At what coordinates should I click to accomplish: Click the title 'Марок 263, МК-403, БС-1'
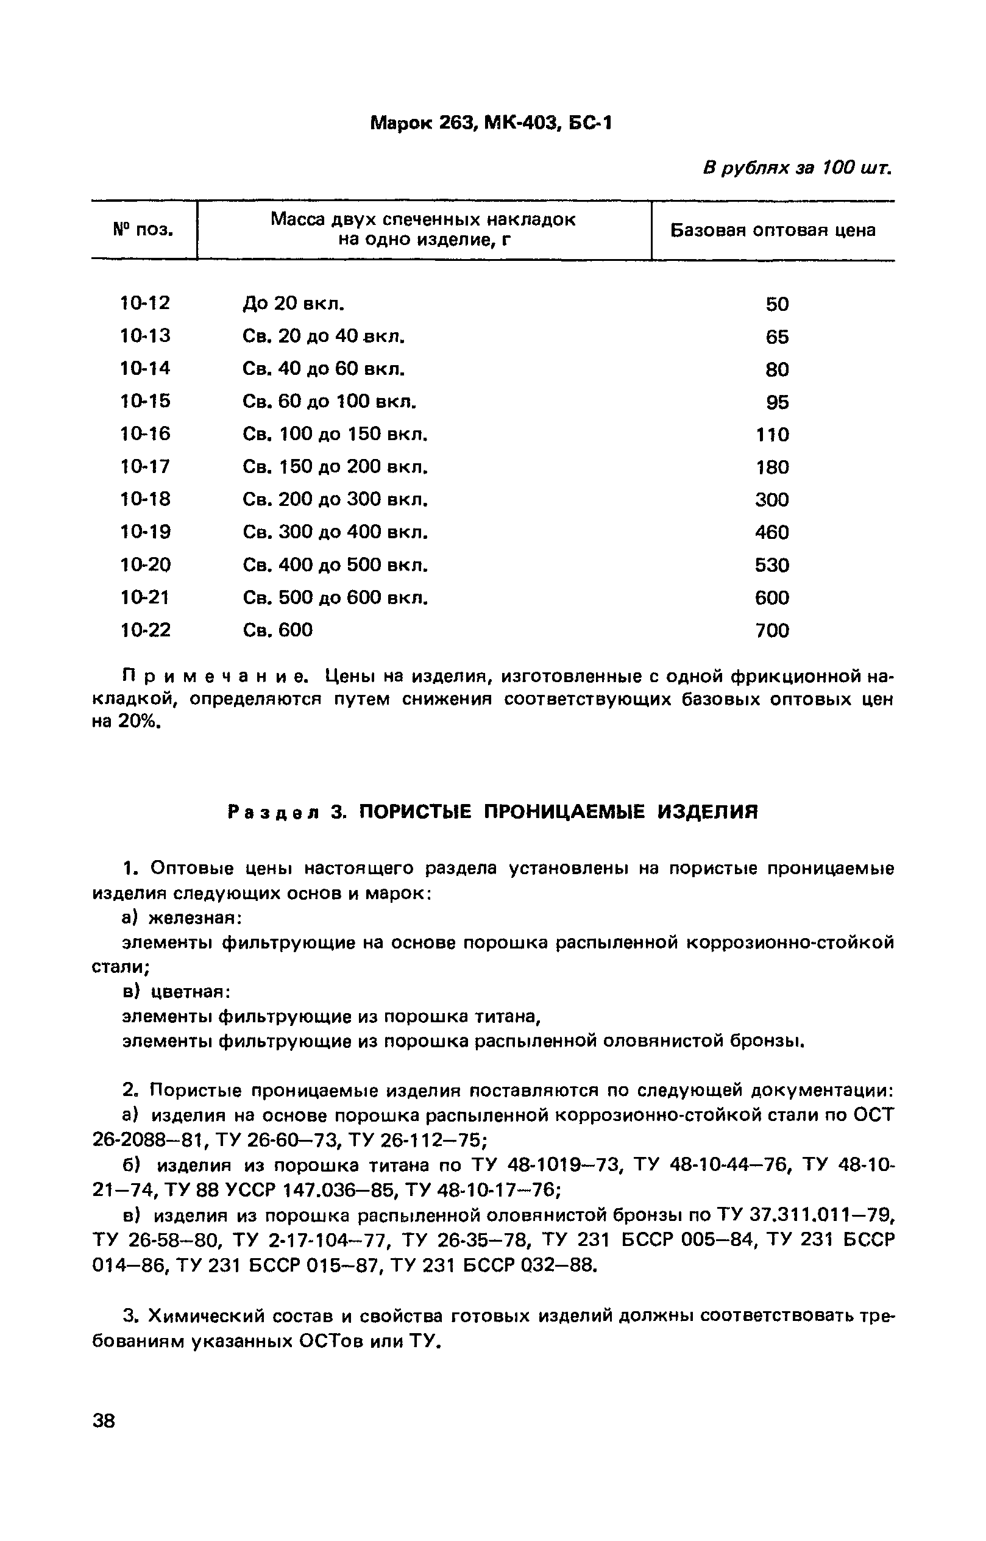coord(491,123)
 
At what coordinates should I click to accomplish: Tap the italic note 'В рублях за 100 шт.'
coord(796,168)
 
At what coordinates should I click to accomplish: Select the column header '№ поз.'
coord(143,229)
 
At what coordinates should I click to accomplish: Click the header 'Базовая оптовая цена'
coord(773,230)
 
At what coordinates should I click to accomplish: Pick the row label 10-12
coord(145,303)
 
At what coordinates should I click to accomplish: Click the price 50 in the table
coord(776,304)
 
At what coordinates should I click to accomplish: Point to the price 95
coord(777,402)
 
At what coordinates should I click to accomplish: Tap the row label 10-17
coord(145,466)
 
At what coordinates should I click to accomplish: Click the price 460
coord(771,532)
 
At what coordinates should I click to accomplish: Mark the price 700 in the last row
coord(771,631)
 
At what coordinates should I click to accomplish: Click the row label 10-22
coord(145,630)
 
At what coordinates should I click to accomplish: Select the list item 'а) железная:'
coord(182,919)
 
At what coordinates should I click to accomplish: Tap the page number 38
coord(104,1420)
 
